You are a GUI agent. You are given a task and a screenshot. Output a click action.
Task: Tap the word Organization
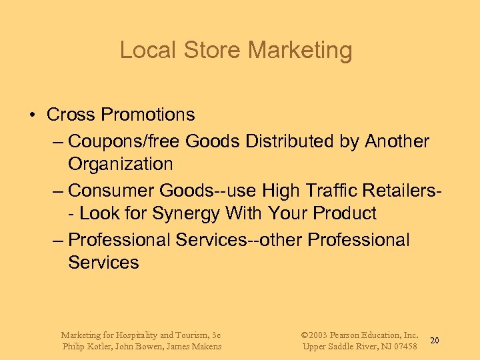(x=120, y=164)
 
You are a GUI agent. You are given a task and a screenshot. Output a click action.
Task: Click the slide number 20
(x=435, y=341)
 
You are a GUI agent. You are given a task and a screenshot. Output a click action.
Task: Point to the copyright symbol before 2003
(x=305, y=335)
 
